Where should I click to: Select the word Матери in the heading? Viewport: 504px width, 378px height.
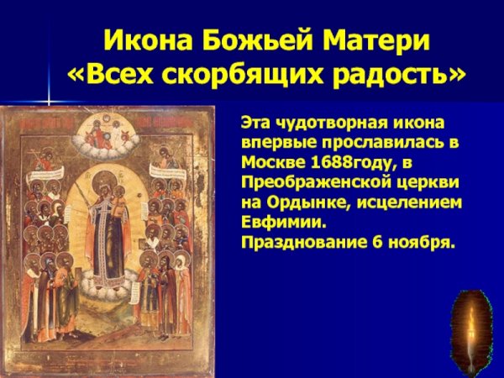[x=363, y=40]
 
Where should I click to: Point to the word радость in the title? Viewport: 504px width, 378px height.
[x=390, y=76]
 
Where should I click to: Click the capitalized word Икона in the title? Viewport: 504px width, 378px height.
[x=139, y=40]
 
